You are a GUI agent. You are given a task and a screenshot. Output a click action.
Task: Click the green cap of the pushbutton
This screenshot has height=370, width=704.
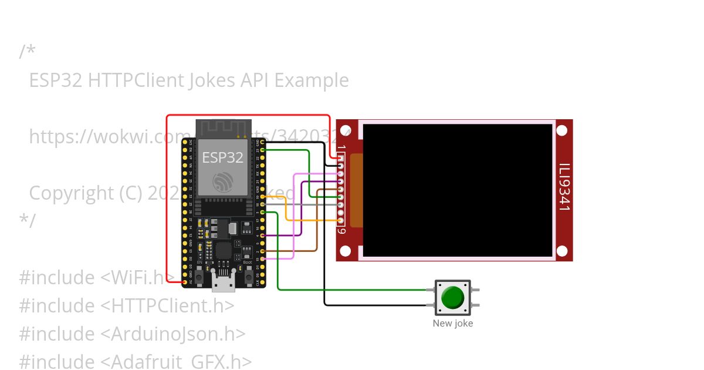coord(452,297)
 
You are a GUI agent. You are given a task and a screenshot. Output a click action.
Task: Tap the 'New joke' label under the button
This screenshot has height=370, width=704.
coord(452,323)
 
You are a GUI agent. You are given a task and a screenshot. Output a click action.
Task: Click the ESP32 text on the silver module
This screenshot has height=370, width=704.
coord(222,157)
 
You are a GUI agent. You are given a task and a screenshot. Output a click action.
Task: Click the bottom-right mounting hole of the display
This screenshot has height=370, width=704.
coord(562,251)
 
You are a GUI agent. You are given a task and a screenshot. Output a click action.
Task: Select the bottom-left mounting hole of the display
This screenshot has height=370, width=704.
coord(346,251)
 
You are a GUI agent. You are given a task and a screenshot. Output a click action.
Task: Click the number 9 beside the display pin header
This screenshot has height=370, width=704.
coord(341,230)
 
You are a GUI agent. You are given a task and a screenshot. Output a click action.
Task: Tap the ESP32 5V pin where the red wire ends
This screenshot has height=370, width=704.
coord(185,282)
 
